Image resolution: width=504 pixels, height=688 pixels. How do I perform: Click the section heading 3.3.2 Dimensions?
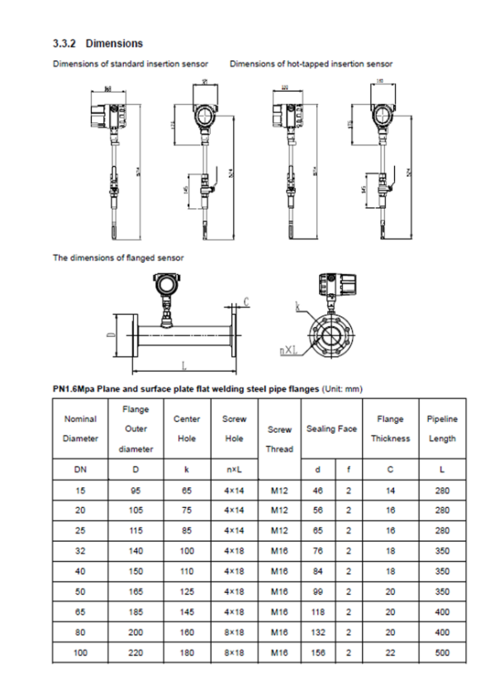[x=97, y=43]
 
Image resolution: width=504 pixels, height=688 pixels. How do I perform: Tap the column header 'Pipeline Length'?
[x=442, y=429]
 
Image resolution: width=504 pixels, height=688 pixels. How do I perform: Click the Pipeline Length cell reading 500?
[x=442, y=652]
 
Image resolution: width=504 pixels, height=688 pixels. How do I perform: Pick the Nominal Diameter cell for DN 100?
[x=80, y=652]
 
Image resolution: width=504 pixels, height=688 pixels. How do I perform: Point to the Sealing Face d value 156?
[x=318, y=652]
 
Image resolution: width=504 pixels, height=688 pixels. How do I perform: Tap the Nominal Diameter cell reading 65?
[x=80, y=612]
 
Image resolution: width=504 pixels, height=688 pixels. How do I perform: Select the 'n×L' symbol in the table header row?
[x=234, y=470]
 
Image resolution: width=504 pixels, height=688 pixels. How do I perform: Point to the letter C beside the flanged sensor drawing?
[x=248, y=301]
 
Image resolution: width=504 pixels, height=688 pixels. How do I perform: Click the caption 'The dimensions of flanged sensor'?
[x=118, y=258]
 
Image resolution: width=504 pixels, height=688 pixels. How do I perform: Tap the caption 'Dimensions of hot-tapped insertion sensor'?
[x=311, y=64]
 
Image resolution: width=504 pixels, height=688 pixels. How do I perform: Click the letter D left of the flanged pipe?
[x=111, y=335]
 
